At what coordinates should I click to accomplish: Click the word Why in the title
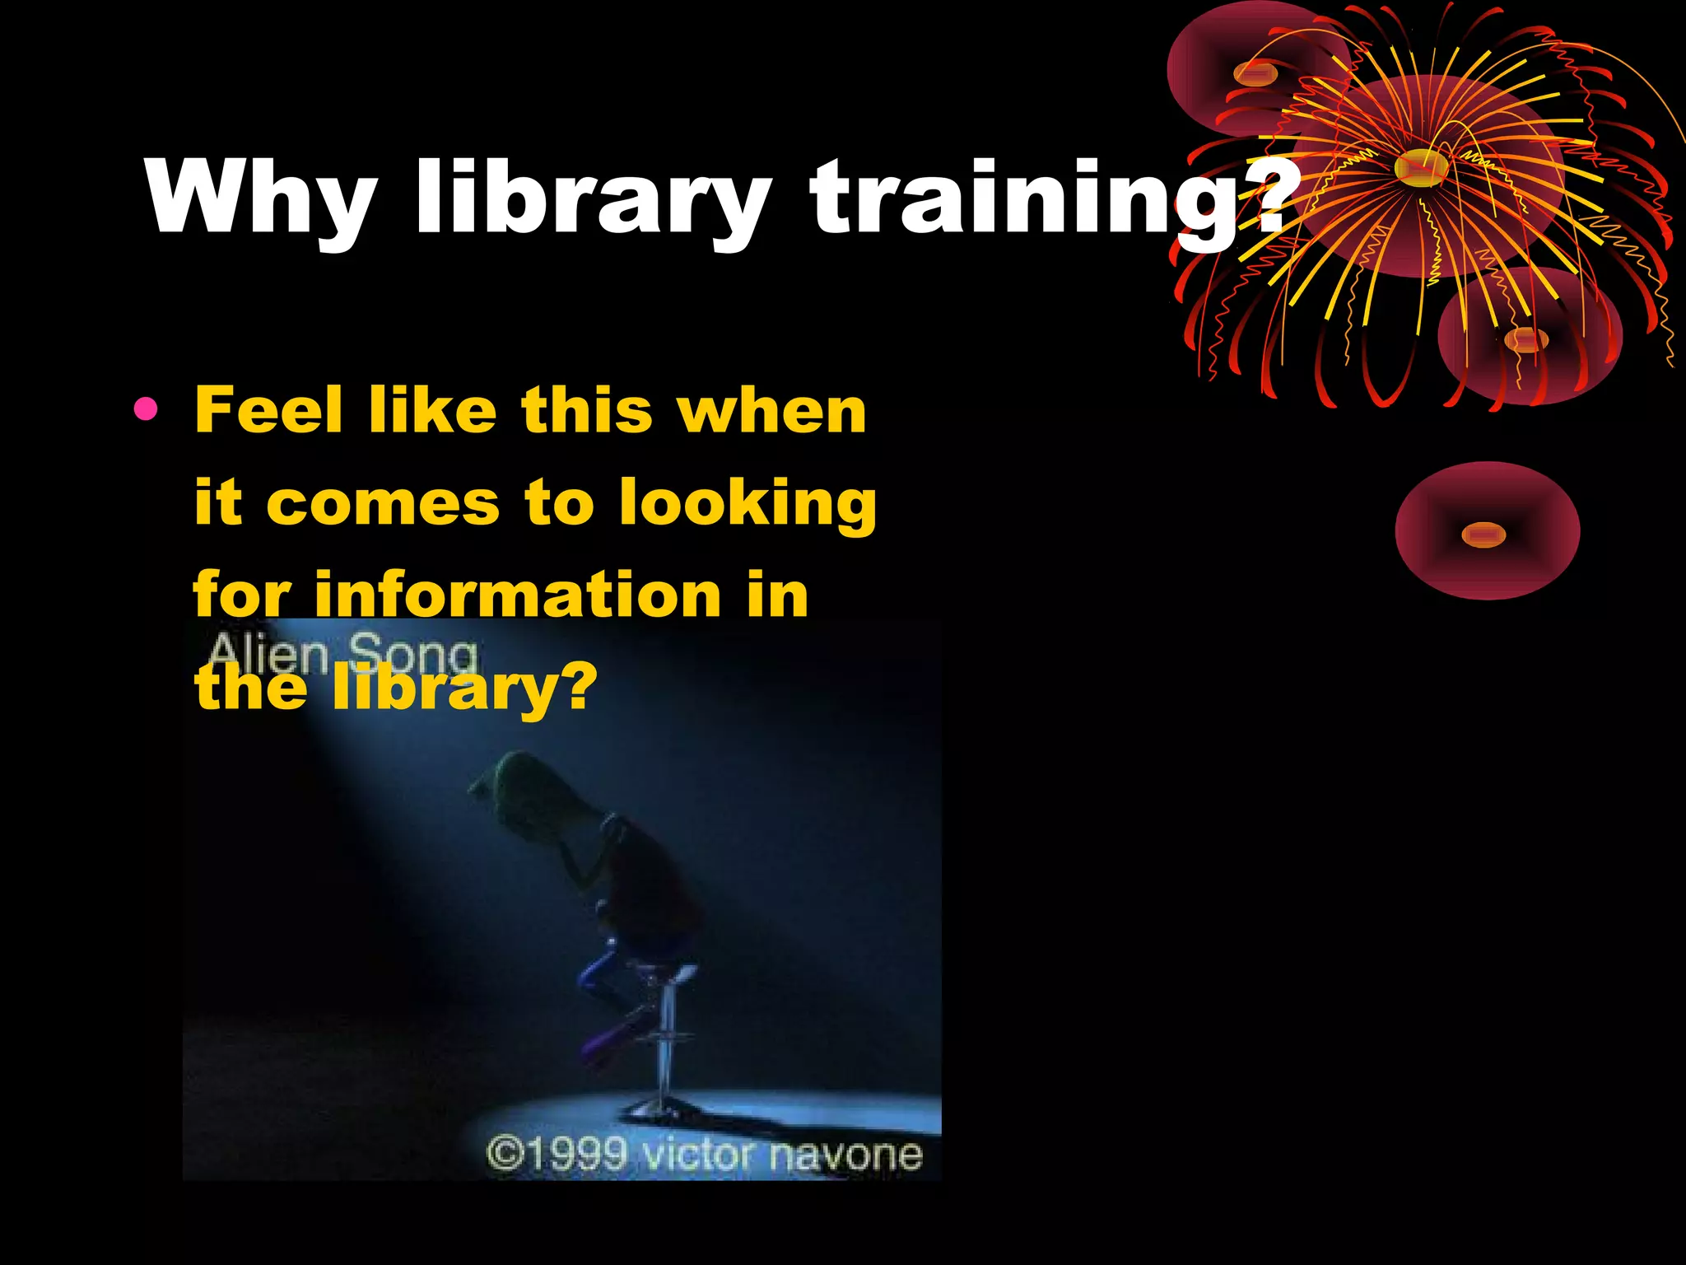(261, 198)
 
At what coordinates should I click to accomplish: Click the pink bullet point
(145, 408)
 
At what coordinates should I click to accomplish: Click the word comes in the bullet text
(383, 502)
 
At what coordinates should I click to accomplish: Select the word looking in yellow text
(748, 504)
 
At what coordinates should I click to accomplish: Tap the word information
(518, 595)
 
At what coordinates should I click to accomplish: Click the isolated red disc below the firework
(1487, 531)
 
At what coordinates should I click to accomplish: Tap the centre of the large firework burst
(1422, 167)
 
